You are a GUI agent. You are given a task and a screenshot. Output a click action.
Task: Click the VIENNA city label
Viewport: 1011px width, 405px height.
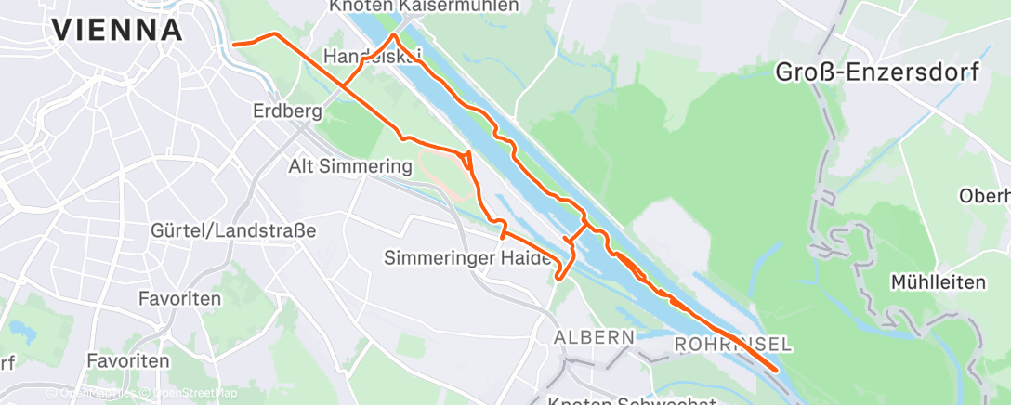tap(117, 30)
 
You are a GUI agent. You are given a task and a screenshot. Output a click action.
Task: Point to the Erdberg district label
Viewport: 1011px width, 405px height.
tap(287, 112)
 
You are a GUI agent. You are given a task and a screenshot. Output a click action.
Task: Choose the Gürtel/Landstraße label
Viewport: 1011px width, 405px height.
tap(233, 229)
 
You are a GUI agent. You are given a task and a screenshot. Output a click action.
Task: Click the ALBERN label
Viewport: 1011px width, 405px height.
tap(595, 335)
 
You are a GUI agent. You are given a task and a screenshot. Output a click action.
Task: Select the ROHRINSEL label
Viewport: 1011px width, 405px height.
tap(734, 345)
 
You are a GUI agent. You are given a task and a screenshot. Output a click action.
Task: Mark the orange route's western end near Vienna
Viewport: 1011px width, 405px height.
tap(233, 44)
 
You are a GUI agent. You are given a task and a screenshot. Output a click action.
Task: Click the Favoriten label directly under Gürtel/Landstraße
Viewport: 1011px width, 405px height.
tap(178, 299)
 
